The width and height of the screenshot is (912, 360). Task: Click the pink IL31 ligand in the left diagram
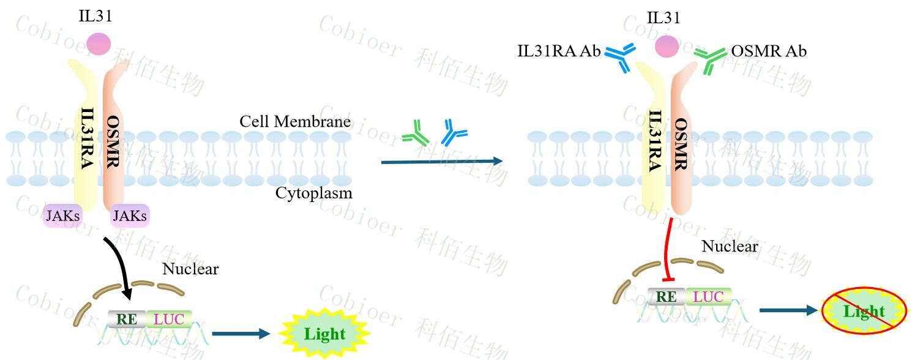click(x=99, y=44)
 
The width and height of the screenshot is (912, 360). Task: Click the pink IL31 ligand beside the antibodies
click(x=667, y=45)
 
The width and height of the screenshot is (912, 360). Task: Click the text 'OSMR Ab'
click(x=769, y=51)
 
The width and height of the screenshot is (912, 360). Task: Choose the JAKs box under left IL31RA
click(x=63, y=216)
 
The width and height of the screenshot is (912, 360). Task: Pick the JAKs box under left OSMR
click(x=129, y=216)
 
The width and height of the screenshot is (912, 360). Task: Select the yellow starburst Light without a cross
click(x=325, y=334)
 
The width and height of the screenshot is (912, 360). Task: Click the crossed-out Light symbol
click(x=864, y=311)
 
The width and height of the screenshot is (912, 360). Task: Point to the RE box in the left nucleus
click(x=127, y=319)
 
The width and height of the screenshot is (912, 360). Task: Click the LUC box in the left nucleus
click(x=168, y=319)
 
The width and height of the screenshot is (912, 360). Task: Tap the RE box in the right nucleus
click(x=667, y=297)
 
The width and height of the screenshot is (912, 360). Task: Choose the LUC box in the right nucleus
click(x=708, y=297)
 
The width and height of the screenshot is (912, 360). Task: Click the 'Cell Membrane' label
click(x=295, y=121)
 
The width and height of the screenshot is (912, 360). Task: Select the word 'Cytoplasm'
click(x=314, y=193)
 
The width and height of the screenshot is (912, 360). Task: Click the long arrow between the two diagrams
click(x=441, y=162)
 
